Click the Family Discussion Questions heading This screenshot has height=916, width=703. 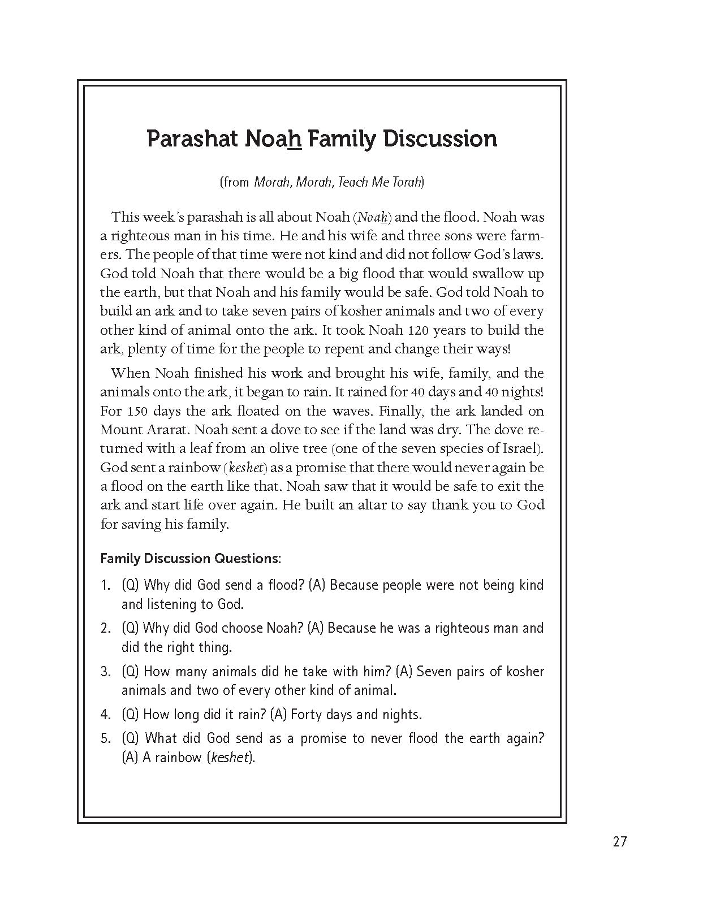pos(191,559)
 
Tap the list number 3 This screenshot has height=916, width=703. pos(105,672)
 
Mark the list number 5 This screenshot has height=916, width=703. pos(105,738)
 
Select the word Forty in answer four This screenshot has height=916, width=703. pos(306,714)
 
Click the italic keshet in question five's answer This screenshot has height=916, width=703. pos(230,758)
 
